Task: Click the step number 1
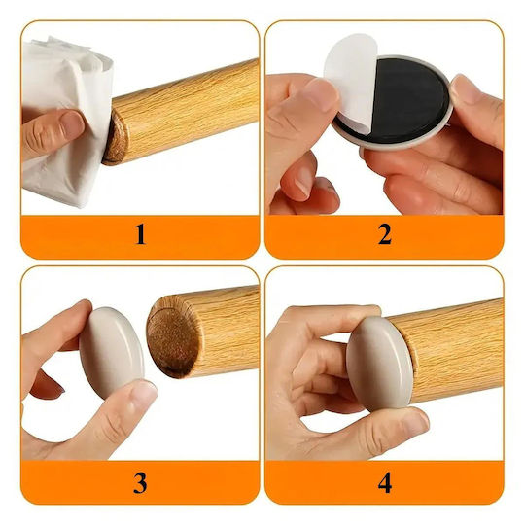(x=140, y=234)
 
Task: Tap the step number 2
(x=385, y=234)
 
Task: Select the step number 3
(x=140, y=482)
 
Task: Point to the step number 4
(x=385, y=482)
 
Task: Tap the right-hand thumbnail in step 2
(x=467, y=89)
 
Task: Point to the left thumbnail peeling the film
(x=323, y=94)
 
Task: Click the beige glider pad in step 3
(x=112, y=353)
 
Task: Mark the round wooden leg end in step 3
(x=171, y=338)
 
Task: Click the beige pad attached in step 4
(x=379, y=365)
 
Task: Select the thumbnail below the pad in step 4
(x=414, y=423)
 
